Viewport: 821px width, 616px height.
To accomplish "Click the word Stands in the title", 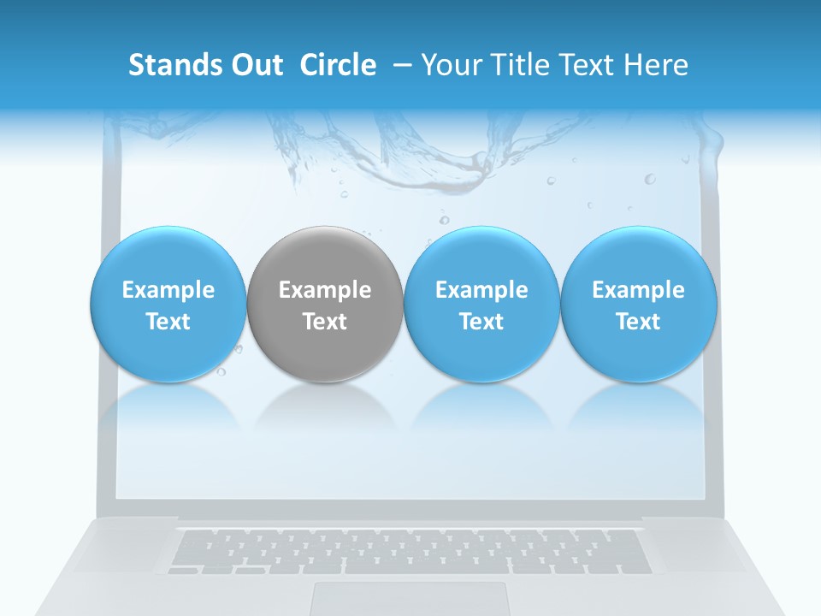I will (167, 65).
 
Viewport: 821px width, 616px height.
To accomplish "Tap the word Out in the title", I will (255, 65).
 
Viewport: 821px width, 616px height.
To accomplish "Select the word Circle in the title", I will (338, 65).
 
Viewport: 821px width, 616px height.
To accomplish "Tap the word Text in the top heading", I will (589, 65).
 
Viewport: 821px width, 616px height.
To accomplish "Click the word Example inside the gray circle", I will (325, 290).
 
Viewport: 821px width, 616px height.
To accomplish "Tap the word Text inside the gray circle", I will (325, 322).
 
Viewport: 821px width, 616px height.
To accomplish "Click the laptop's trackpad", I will (410, 598).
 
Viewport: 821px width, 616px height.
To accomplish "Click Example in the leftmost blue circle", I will (168, 290).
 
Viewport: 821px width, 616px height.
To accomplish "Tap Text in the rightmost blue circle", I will (638, 322).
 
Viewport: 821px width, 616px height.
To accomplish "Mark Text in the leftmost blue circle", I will (168, 322).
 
